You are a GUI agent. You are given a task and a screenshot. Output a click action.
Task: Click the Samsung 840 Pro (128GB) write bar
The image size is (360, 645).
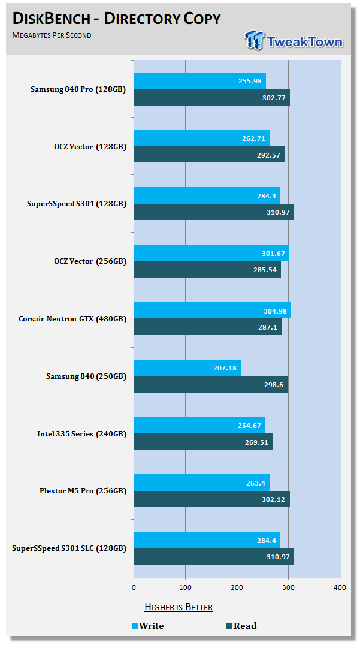[x=199, y=81]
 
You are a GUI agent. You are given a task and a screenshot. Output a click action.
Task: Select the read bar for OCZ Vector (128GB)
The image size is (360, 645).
[x=208, y=155]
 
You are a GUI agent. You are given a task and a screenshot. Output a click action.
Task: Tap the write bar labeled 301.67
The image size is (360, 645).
[x=211, y=253]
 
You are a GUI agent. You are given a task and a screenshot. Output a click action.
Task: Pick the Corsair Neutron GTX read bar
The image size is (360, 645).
[x=207, y=327]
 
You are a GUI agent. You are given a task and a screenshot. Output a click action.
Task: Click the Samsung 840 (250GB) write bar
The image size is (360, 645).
[x=187, y=367]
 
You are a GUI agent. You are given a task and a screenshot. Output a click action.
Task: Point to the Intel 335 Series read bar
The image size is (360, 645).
[x=203, y=442]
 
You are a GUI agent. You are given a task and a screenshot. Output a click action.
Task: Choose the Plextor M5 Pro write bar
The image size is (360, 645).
[x=201, y=483]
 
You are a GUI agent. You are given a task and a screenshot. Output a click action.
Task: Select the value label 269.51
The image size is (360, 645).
[x=258, y=442]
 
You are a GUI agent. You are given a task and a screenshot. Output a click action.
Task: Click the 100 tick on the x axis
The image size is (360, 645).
[x=185, y=587]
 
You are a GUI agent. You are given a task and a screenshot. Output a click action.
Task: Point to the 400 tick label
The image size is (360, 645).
[x=340, y=587]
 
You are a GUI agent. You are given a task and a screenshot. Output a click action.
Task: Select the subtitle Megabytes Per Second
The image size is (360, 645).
[x=52, y=35]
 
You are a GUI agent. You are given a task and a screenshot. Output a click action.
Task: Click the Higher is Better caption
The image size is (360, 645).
[x=178, y=607]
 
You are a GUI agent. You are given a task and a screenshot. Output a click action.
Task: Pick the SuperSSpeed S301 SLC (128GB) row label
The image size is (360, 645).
[x=69, y=548]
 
